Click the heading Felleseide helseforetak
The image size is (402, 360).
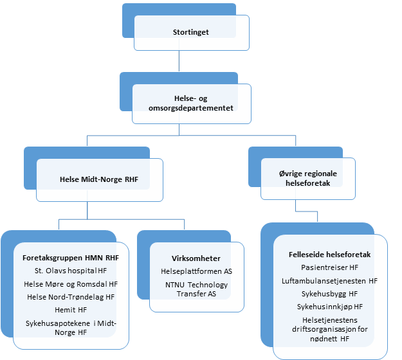coord(329,254)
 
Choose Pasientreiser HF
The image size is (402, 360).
coord(329,267)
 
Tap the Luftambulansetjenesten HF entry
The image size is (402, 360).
coord(329,280)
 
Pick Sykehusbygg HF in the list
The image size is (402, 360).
coord(329,294)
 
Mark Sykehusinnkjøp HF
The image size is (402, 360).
coord(329,307)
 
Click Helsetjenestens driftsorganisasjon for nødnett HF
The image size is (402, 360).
coord(329,328)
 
